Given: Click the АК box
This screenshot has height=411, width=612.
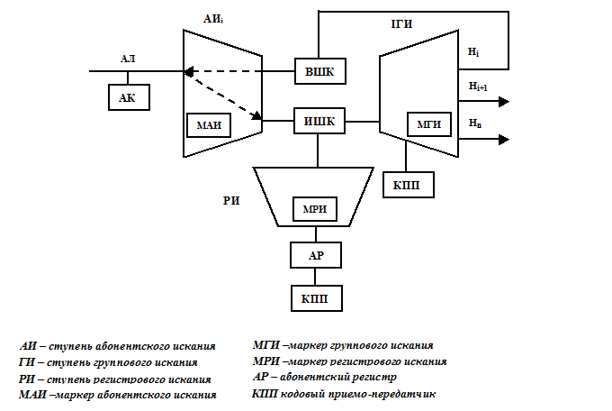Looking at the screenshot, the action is point(129,97).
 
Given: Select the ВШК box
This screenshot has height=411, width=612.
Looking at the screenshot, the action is point(320,71).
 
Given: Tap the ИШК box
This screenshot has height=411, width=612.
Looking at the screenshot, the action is point(319,122).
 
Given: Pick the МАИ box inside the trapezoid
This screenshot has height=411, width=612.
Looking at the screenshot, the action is point(209,125).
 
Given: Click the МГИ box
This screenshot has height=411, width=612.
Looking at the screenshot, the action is point(429,124).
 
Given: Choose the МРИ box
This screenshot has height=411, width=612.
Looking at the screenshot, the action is point(315,209).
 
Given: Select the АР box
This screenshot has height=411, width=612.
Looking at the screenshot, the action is point(316,255).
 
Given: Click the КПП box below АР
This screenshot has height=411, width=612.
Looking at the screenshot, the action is point(317,298).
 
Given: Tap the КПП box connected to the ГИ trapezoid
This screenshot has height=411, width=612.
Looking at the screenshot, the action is point(409,185).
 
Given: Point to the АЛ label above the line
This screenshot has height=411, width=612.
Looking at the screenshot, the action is point(128,59).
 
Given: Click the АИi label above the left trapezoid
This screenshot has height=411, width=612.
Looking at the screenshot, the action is point(213,19).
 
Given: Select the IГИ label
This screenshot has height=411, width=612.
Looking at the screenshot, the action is point(401,24).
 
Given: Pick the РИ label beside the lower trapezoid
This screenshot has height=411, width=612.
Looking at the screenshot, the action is point(231,201).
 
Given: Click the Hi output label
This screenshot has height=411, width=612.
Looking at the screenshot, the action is point(473,52).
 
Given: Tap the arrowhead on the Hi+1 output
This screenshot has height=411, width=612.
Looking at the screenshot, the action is point(504,102).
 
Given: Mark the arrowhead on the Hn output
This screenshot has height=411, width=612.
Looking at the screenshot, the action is point(504,139).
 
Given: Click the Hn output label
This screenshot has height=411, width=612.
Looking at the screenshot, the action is point(475,123).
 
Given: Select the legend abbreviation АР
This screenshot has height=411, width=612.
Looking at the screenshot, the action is point(261,377).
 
